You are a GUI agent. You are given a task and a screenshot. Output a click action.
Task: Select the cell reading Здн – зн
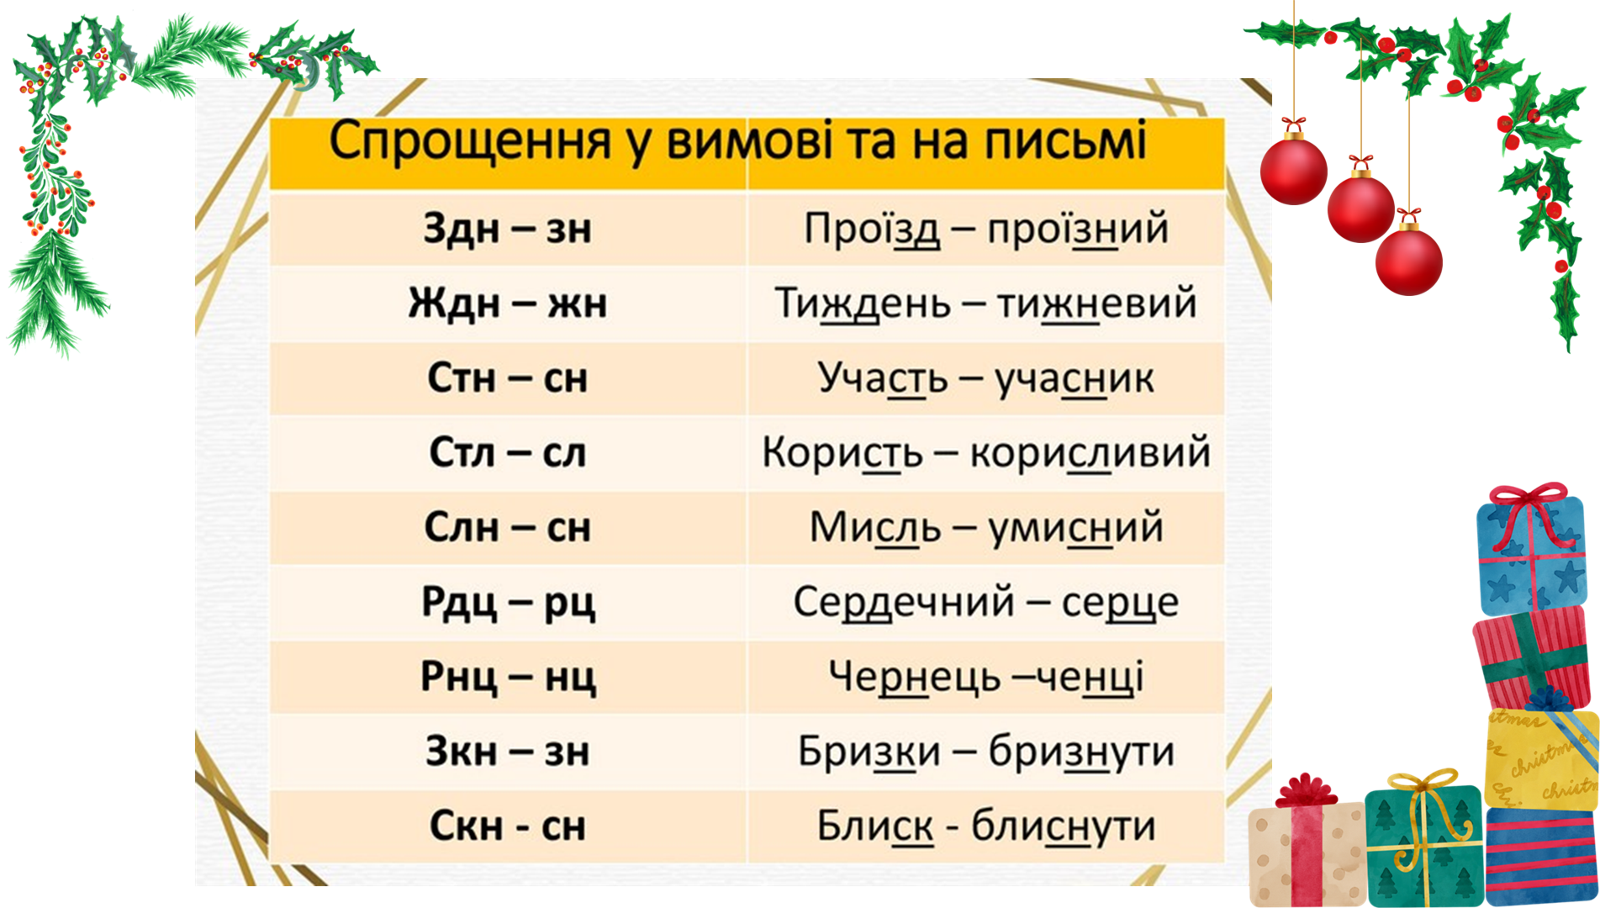[x=507, y=228]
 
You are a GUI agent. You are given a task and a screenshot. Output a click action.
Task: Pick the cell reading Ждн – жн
[x=507, y=303]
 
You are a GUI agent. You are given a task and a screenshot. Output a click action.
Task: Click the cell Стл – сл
[x=507, y=452]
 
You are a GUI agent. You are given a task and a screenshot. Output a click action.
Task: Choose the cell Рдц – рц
[x=507, y=602]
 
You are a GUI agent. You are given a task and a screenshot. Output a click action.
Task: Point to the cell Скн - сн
[x=507, y=826]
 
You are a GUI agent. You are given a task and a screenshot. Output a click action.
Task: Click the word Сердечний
[x=904, y=602]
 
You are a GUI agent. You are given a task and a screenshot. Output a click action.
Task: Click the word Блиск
[x=874, y=826]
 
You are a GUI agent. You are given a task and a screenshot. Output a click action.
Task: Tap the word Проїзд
[x=872, y=228]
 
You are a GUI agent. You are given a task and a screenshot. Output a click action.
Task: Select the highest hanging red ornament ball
[x=1294, y=171]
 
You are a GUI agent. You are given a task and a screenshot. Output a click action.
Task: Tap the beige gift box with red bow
[x=1306, y=853]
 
